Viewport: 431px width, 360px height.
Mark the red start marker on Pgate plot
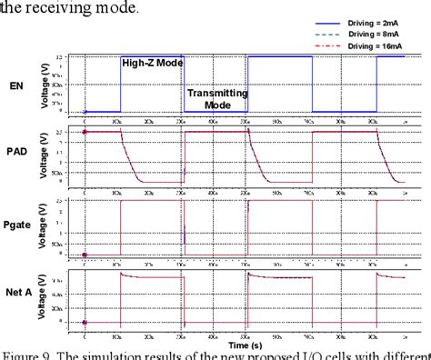(85, 254)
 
